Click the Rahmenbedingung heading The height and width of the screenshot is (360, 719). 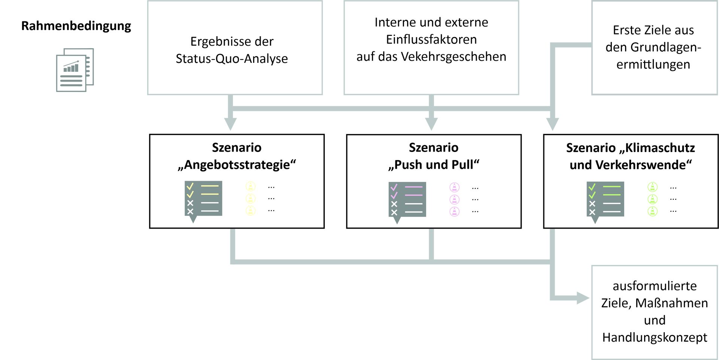pos(76,26)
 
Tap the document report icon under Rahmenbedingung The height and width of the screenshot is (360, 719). pos(75,70)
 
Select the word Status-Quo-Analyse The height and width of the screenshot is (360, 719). pos(232,59)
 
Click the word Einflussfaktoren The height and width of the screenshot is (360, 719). pos(431,39)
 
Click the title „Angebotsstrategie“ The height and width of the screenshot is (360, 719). pos(237,165)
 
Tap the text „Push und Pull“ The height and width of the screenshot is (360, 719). pos(434,165)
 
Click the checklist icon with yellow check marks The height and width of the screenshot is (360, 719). pos(203,199)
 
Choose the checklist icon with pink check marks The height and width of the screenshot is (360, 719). pos(407,200)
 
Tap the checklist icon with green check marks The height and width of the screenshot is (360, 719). pos(605,200)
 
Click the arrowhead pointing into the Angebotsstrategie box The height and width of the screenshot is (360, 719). pos(230,124)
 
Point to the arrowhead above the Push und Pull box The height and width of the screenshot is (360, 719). pos(431,124)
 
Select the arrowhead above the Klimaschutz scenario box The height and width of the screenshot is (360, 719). pos(552,124)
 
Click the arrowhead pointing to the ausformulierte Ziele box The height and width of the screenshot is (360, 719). pos(583,298)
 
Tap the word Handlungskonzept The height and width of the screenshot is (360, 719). pos(655,338)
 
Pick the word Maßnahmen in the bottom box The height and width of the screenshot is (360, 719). pos(671,303)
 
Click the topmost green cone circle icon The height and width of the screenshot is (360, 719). pos(652,187)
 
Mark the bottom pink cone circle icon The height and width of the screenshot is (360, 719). pos(454,211)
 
